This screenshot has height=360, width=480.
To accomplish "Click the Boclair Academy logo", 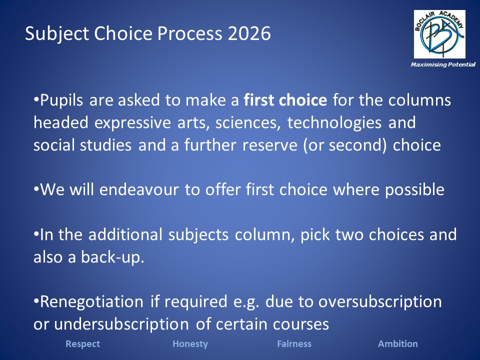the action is (439, 34).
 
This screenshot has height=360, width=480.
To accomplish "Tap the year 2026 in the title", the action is (249, 33).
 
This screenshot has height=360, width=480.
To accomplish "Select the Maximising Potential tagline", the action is (443, 64).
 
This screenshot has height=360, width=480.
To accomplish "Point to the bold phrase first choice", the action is (285, 100).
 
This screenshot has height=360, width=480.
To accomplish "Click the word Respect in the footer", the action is (82, 344).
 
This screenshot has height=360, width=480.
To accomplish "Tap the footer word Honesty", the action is (190, 344).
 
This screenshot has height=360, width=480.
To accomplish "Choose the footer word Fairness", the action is (294, 344).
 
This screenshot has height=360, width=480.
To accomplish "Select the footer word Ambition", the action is (398, 344).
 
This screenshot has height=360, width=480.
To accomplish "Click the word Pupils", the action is (61, 100).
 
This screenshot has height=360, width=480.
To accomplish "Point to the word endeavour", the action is (139, 190).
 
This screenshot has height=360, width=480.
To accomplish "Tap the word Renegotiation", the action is (92, 302).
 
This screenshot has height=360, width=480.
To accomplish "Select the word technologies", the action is (334, 123).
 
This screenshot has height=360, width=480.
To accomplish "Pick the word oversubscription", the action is (380, 302).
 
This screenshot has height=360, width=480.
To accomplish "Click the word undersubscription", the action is (121, 324).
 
